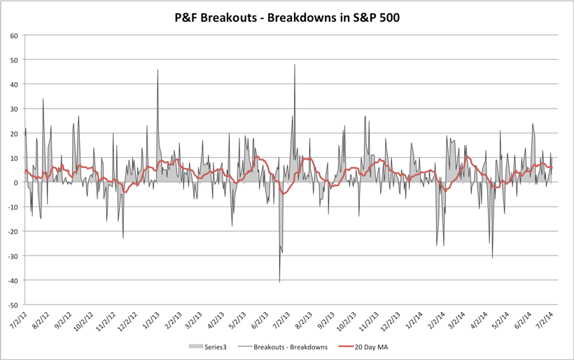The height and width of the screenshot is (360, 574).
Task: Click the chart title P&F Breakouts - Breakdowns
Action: pos(287,16)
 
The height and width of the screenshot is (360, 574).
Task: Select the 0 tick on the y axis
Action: pos(17,183)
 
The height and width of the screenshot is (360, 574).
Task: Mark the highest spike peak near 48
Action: pos(295,65)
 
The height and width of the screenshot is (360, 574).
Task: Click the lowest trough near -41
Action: pos(280,282)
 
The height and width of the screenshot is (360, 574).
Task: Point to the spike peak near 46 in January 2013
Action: pos(157,70)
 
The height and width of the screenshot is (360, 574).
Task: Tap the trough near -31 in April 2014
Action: pos(492,258)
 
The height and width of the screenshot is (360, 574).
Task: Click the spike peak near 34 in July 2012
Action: pos(43,99)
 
